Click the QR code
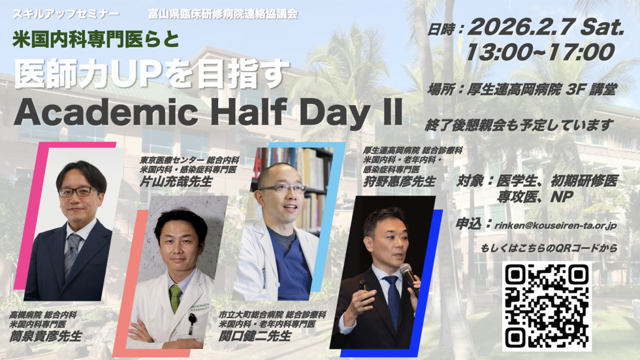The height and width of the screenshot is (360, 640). tap(547, 306)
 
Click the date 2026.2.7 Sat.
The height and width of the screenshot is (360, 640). tap(546, 28)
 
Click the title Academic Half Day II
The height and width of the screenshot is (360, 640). tap(208, 112)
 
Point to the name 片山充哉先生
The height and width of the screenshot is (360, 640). tap(176, 181)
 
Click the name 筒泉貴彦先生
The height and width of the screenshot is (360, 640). tap(46, 336)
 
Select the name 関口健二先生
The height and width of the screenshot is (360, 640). tap(255, 336)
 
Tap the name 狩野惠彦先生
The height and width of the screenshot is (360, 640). tap(400, 181)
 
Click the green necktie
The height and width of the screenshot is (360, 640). tap(176, 298)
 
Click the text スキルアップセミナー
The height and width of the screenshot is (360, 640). tap(66, 14)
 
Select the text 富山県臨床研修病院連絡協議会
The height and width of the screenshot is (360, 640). tap(223, 14)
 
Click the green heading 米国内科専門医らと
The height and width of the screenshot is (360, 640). tap(96, 39)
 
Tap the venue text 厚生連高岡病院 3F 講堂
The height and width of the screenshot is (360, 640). tap(522, 90)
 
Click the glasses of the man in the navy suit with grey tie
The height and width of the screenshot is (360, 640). tap(78, 191)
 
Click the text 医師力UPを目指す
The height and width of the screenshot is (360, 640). tap(152, 73)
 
